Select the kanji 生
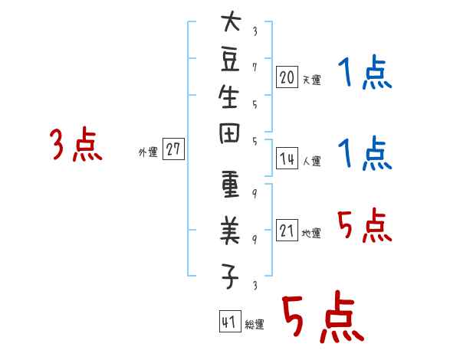point(228,97)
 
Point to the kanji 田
point(229,133)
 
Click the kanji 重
point(230,184)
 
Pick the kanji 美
point(230,231)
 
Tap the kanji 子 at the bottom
point(230,277)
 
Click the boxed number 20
point(287,77)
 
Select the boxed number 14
point(287,158)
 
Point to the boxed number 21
point(287,230)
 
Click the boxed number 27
point(173,149)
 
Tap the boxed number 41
point(230,321)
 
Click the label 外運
point(148,152)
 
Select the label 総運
point(255,325)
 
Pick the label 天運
point(312,80)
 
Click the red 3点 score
point(76,144)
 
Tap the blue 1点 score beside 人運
point(365,152)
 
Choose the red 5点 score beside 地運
point(365,225)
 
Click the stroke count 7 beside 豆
point(255,67)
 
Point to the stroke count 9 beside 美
point(255,240)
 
